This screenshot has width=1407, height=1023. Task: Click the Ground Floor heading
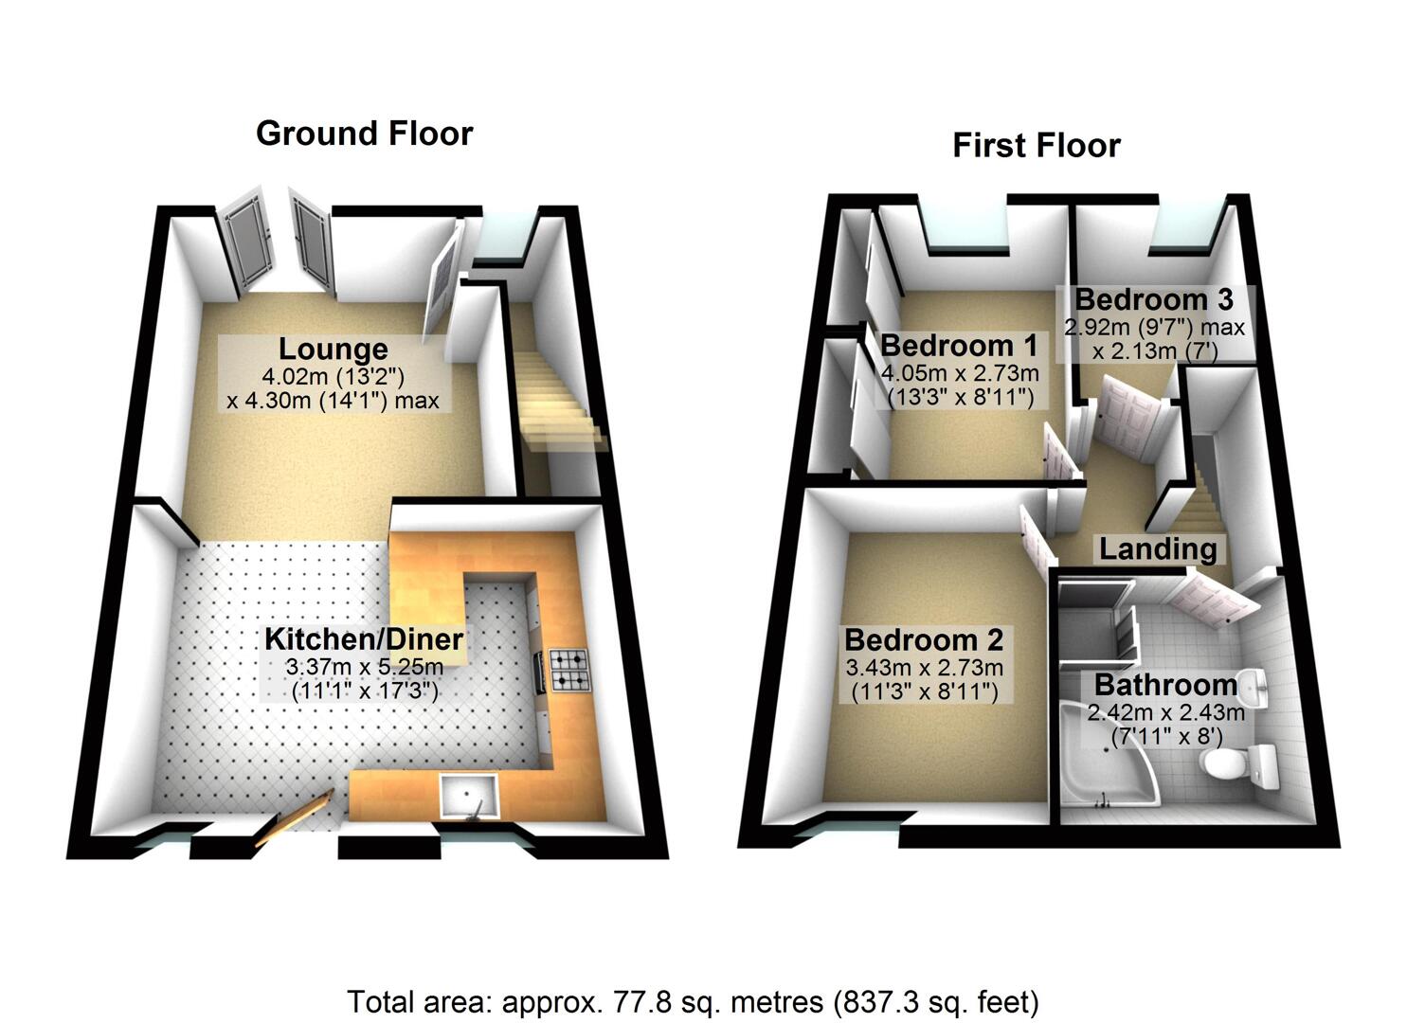coord(364,134)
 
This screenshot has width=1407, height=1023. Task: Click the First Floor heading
coord(1036,146)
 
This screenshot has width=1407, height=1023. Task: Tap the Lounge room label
coord(333,350)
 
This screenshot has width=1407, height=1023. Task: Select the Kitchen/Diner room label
coord(364,638)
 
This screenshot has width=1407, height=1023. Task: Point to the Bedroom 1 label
coord(959,345)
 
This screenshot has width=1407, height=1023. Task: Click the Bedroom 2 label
coord(924,640)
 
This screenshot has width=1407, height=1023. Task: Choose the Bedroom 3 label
coord(1153,299)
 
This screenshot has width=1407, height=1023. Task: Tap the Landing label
coord(1157,548)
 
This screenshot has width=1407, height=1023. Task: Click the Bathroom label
coord(1165,684)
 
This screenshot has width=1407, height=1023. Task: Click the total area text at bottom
coord(693,1001)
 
